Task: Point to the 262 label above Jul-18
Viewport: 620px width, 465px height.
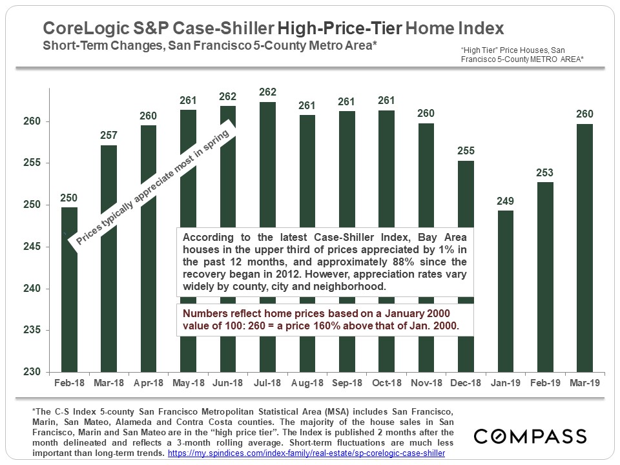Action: pos(267,92)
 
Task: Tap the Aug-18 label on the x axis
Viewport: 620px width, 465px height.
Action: pos(307,383)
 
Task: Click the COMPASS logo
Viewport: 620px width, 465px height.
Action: pos(530,437)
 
